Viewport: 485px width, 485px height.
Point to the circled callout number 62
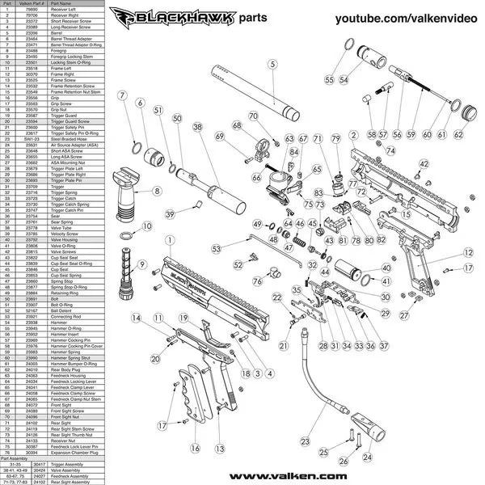point(460,134)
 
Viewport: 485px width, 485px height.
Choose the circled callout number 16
point(194,448)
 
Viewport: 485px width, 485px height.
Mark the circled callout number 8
point(157,191)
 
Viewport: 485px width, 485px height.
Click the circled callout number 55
point(330,80)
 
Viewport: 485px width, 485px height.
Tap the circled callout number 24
point(368,457)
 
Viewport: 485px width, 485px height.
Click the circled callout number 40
point(386,268)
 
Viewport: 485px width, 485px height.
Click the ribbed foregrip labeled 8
point(128,194)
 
